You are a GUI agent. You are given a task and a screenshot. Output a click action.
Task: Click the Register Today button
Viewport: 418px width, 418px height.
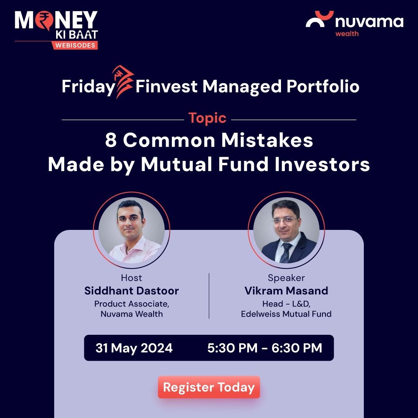click(x=209, y=387)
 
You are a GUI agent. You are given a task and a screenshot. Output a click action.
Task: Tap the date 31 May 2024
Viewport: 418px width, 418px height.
click(x=134, y=348)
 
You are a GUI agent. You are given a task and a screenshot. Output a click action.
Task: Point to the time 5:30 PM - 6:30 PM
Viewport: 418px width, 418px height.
click(x=265, y=348)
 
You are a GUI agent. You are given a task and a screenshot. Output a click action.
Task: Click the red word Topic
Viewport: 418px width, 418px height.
click(x=207, y=118)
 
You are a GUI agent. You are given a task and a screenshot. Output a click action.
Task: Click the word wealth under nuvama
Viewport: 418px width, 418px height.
click(x=347, y=34)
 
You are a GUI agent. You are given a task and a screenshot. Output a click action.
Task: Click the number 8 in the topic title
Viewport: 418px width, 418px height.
click(x=111, y=141)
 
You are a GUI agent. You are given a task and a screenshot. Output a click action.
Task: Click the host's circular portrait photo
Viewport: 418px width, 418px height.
click(x=132, y=230)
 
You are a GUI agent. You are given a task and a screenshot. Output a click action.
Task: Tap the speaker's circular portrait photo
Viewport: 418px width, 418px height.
click(x=286, y=230)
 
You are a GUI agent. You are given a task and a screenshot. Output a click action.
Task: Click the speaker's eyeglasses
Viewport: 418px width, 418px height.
click(x=285, y=220)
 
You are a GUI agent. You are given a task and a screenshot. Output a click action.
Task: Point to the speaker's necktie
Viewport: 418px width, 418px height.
click(x=286, y=252)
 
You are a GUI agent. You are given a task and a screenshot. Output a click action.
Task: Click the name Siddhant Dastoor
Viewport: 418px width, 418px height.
click(x=132, y=291)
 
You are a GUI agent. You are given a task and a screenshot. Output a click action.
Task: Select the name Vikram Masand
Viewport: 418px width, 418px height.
click(x=286, y=291)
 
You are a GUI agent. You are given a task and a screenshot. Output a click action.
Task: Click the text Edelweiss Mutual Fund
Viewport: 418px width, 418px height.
click(x=286, y=314)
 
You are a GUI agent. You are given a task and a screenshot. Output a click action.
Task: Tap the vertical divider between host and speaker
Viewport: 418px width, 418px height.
click(x=209, y=296)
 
